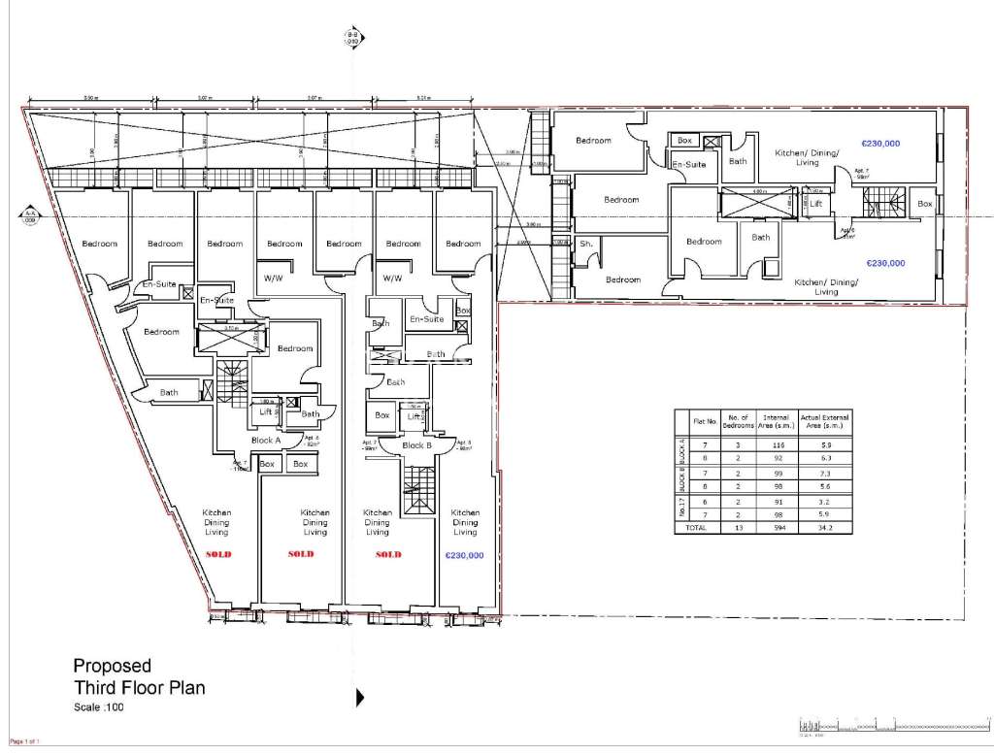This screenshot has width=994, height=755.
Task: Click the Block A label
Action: coord(265,440)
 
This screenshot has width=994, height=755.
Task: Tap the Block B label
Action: coord(416,445)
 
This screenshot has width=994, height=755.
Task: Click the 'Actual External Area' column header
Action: coord(823,421)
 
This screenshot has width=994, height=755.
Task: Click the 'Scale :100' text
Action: coord(99,707)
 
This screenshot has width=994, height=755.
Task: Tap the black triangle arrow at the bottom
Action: coord(360,697)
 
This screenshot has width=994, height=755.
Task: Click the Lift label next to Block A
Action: coord(265,412)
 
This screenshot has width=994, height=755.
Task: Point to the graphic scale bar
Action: coord(878,727)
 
